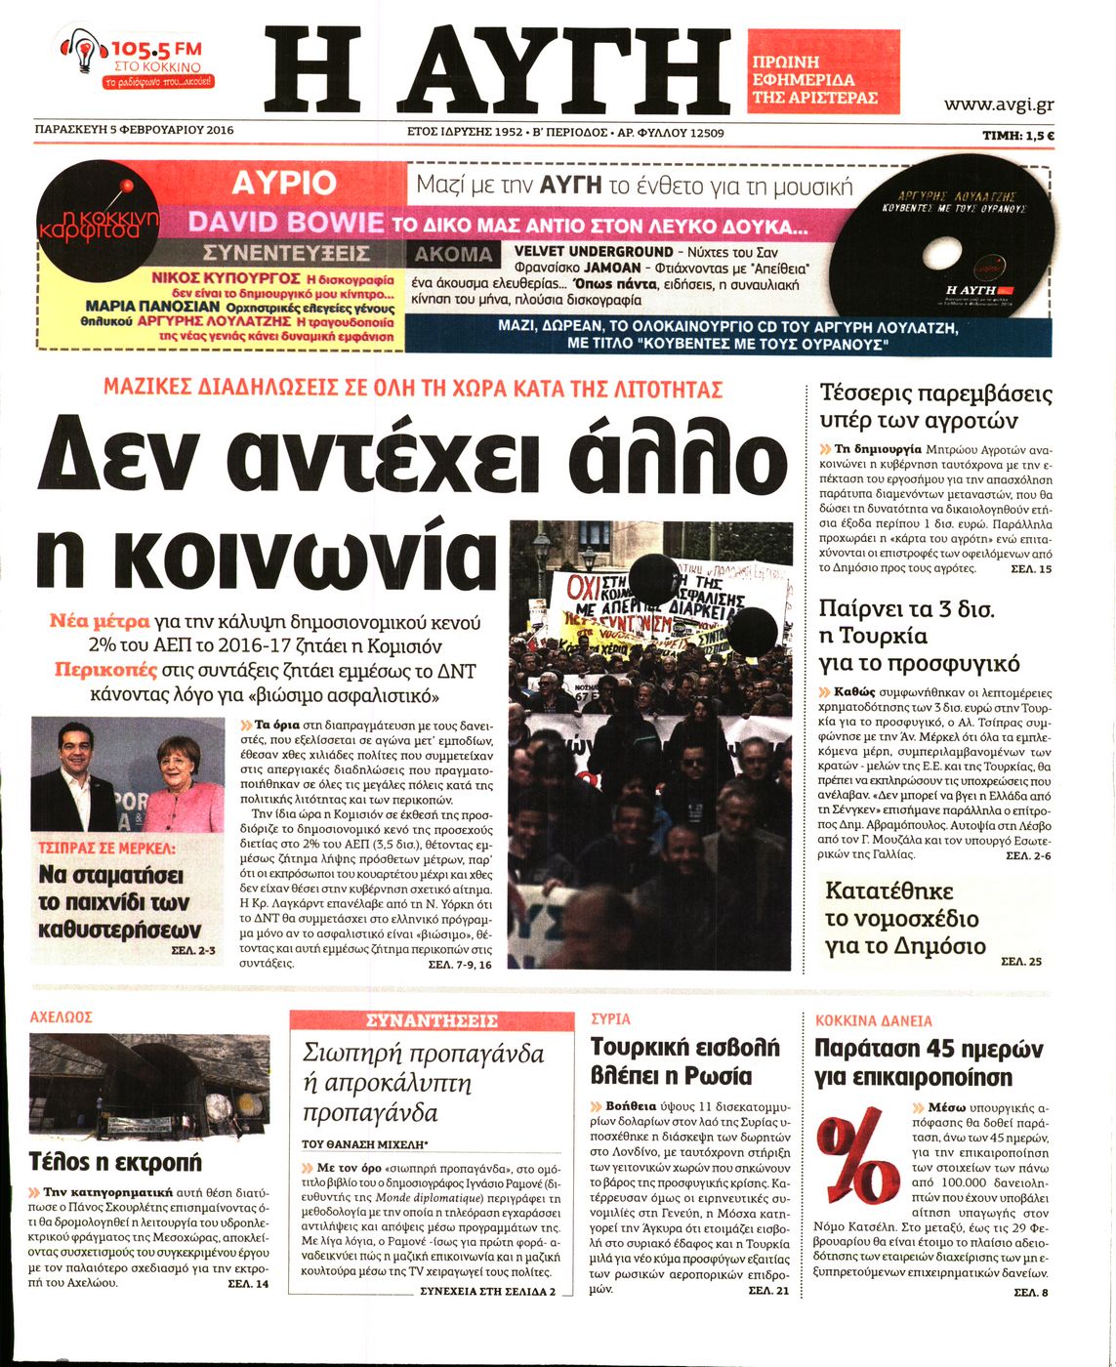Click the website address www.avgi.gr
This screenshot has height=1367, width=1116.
[998, 104]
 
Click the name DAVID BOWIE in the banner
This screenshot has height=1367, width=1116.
[286, 222]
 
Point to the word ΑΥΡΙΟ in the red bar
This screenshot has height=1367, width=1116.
[284, 183]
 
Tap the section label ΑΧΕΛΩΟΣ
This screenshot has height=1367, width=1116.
[62, 1017]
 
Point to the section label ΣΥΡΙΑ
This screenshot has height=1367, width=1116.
[611, 1018]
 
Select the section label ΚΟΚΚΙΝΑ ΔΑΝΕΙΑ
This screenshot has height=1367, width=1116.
[874, 1020]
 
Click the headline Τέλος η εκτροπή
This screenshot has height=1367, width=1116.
[115, 1162]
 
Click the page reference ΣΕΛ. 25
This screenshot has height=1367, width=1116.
[1021, 961]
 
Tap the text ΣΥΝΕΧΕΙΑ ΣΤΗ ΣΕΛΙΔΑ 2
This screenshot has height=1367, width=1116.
[487, 1290]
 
